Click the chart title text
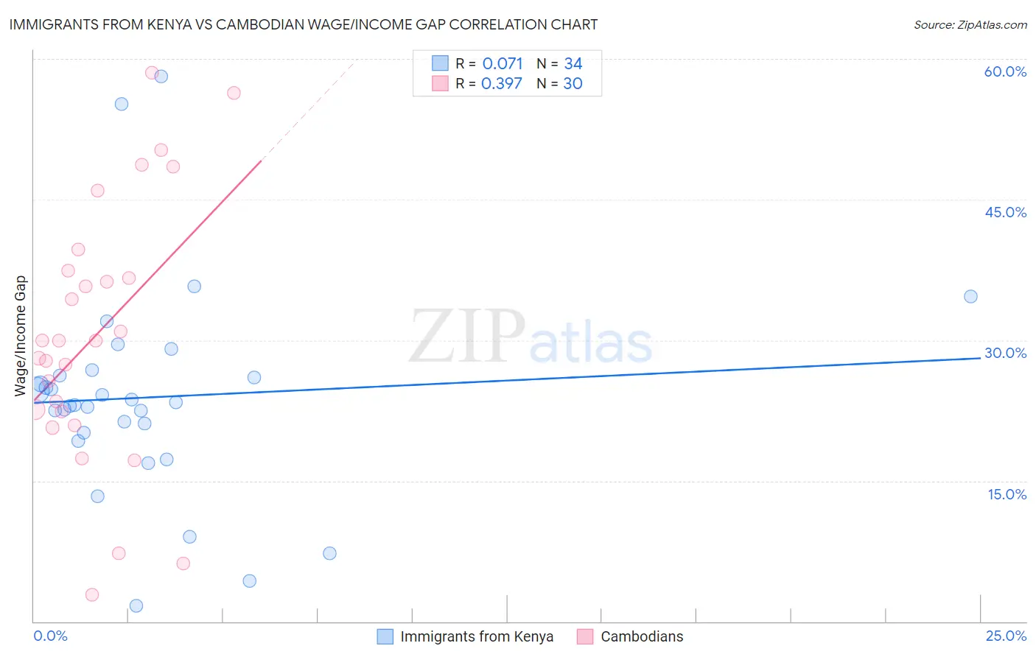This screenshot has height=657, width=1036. point(303,24)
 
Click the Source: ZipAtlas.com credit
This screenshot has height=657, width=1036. point(970,25)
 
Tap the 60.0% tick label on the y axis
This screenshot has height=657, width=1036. point(1005,71)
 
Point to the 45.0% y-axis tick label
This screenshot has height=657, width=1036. point(1005,212)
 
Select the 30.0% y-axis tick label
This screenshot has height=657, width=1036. point(1005,353)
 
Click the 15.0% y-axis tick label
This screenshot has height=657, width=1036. point(1007,494)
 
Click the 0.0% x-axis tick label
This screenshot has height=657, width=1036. point(50,636)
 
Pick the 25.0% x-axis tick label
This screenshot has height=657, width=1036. point(1006,636)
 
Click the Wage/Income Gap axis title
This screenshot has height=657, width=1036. point(21,336)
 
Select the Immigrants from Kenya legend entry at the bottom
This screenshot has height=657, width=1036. point(476,636)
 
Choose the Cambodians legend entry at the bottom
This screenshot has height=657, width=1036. point(641,636)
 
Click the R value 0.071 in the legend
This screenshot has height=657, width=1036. point(503,64)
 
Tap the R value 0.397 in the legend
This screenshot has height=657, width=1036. point(501,84)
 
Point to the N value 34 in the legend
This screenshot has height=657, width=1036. point(573,64)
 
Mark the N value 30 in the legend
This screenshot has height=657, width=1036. point(573,84)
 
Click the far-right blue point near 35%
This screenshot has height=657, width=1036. point(970,297)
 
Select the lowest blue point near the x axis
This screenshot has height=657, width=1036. point(136,606)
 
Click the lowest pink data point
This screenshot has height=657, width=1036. point(92,595)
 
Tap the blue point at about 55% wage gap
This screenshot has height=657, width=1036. point(122,104)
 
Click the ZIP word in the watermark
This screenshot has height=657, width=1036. point(466,337)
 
